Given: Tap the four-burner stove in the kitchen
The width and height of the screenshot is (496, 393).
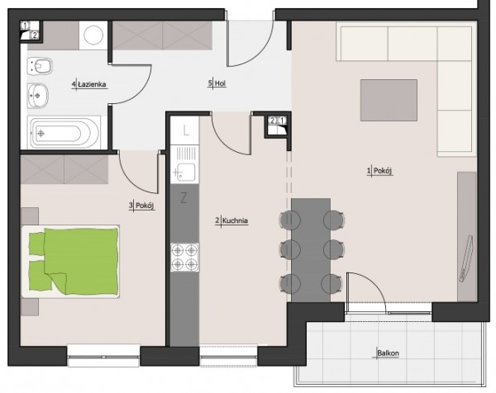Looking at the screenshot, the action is [184, 257].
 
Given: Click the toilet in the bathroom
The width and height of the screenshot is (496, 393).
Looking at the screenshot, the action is [40, 66].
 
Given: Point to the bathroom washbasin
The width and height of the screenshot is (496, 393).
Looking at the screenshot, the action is [38, 96].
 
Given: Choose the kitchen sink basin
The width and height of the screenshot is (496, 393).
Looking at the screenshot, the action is [186, 173].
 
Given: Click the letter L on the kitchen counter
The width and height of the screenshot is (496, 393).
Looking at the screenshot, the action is [186, 130].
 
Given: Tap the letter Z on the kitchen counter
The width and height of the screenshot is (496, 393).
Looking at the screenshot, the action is [184, 198].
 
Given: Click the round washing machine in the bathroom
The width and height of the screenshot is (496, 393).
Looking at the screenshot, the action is [93, 35].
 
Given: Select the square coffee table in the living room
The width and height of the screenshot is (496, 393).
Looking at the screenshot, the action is [389, 100].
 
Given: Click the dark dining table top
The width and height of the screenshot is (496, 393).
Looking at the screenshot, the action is [311, 250].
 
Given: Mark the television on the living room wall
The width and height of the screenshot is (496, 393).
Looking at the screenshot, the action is [466, 258].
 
